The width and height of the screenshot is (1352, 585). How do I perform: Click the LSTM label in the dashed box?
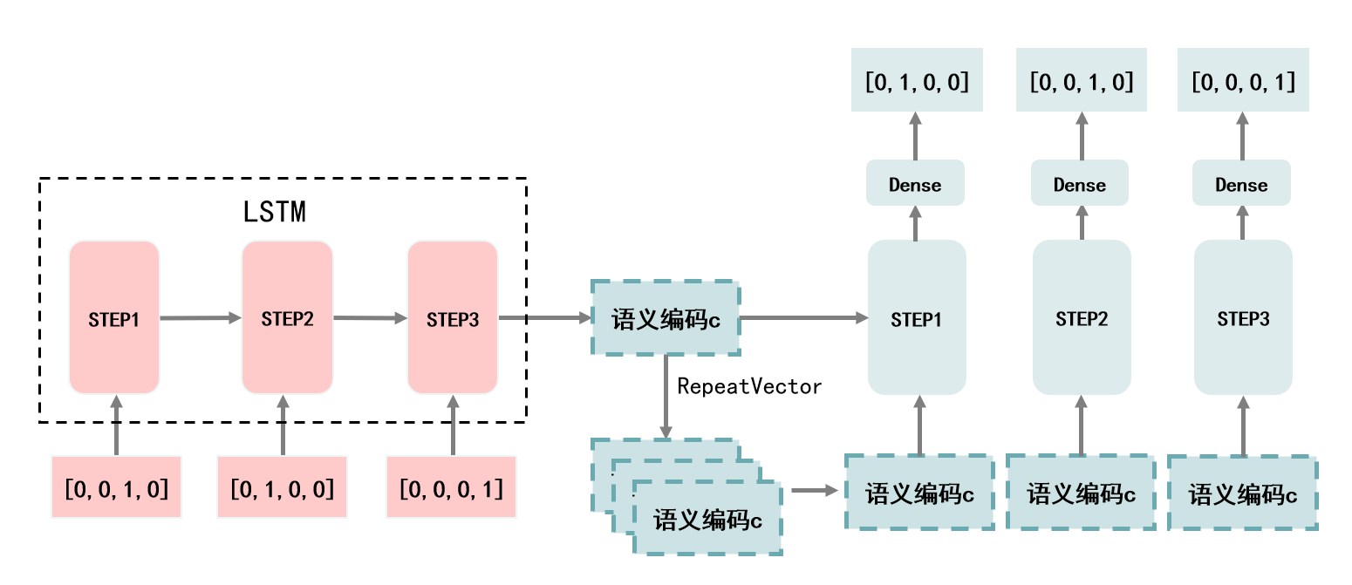coord(275,212)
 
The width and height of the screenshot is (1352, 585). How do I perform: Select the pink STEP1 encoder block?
coord(114,318)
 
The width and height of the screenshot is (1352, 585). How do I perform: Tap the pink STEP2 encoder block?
coord(287,318)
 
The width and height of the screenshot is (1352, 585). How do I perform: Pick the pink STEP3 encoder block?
coord(453,318)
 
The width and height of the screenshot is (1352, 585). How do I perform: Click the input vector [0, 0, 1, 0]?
coord(116,486)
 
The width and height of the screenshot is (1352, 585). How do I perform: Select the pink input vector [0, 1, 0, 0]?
coord(282,486)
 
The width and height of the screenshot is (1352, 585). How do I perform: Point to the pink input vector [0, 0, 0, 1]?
coord(451,486)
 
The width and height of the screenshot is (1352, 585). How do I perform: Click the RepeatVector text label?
coord(749,386)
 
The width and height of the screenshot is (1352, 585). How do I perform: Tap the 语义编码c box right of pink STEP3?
coord(666,318)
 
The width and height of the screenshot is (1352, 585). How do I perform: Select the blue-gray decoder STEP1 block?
coord(917,318)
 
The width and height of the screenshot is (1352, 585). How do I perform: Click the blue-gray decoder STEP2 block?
coord(1082,318)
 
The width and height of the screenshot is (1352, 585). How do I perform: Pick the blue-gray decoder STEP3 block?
coord(1243,318)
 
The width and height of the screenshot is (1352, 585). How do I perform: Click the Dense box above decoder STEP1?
coord(915,184)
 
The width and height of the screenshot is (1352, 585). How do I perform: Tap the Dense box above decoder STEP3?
coord(1241,184)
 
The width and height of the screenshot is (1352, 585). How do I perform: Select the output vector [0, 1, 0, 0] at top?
coord(917,82)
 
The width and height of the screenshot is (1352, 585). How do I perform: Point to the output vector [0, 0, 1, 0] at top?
coord(1082,82)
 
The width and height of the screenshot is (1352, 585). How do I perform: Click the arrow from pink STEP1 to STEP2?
coord(200,318)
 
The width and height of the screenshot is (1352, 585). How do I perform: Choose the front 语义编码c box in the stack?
coord(707,520)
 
